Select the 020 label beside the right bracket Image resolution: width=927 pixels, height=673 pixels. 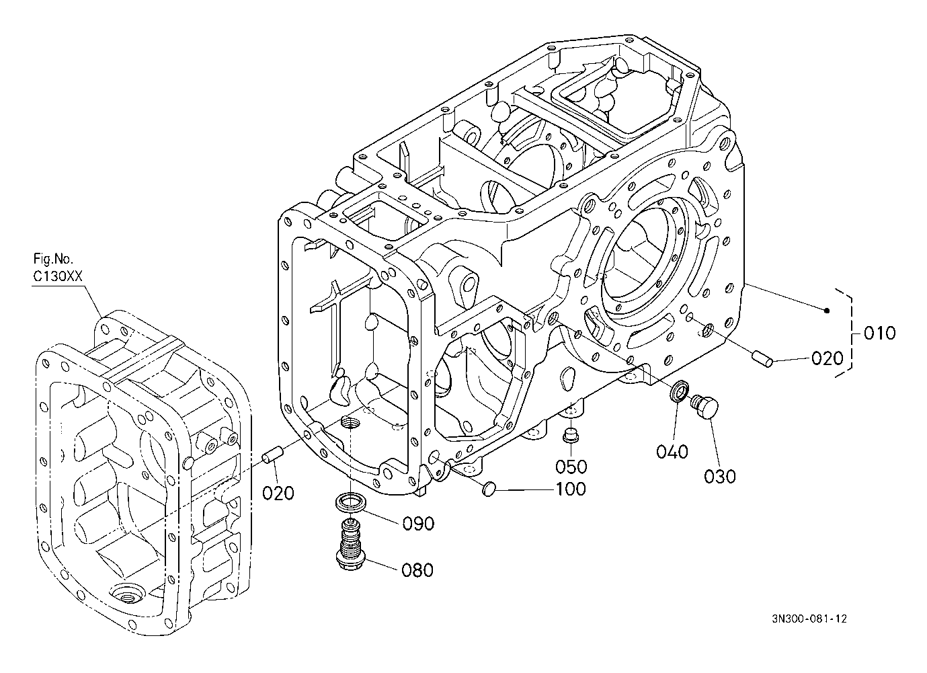click(826, 358)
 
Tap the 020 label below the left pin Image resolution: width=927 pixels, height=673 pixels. click(278, 493)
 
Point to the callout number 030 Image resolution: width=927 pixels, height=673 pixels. click(720, 476)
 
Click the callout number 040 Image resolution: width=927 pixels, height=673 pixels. click(673, 451)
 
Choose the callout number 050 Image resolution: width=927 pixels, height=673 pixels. click(571, 466)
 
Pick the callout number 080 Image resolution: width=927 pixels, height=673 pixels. click(417, 570)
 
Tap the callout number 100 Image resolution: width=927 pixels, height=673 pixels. click(571, 489)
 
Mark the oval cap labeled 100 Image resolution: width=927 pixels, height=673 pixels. click(489, 487)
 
